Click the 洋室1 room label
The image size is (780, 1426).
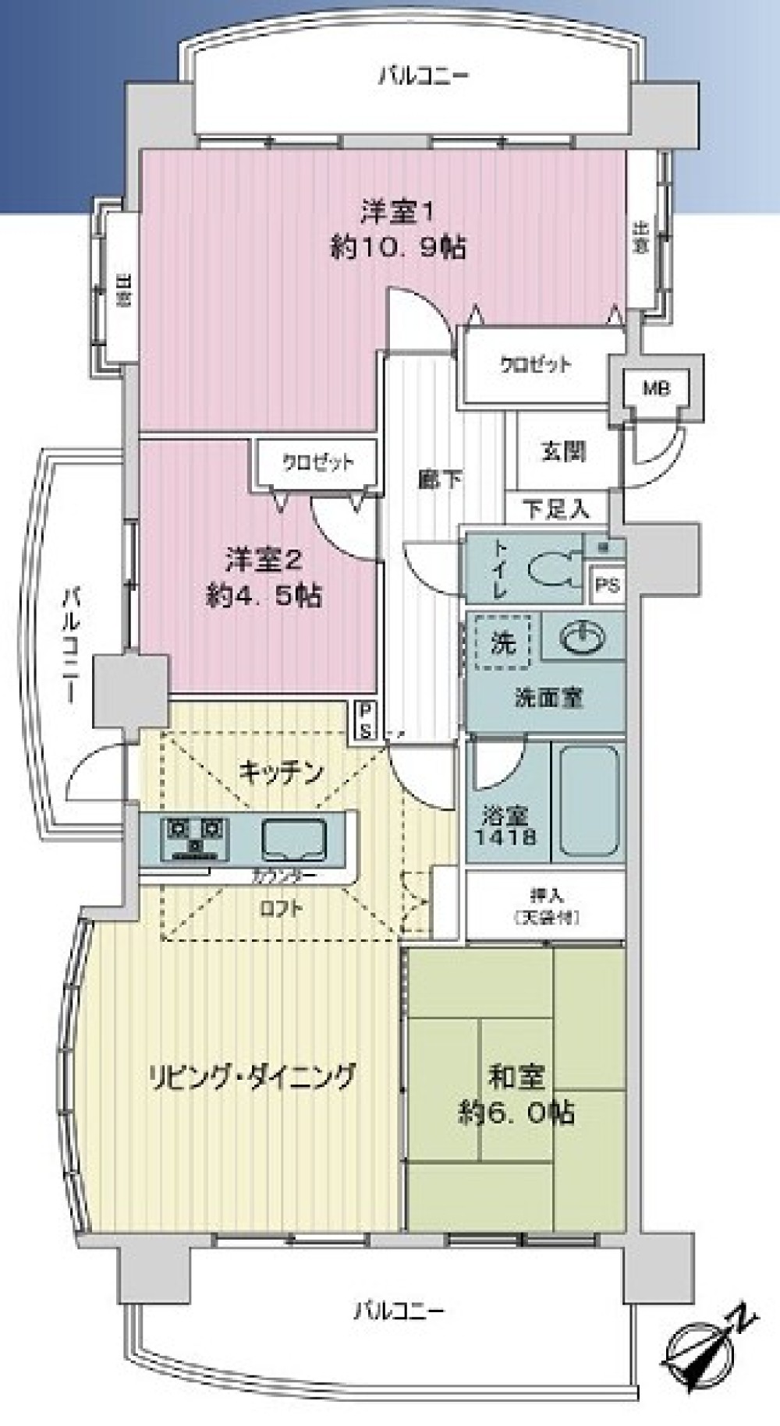pos(397,211)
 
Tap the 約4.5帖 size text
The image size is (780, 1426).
pos(264,596)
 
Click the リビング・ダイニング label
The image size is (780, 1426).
pos(252,1076)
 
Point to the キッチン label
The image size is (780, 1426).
pos(281,772)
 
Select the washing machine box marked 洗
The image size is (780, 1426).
pos(503,642)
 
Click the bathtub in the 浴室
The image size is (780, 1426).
pos(590,801)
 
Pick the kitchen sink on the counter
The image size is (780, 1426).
pos(295,840)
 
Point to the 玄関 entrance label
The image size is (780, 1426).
pos(563,451)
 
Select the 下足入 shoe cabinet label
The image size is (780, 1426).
pos(555,510)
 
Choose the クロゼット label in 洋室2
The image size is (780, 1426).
pos(317,462)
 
